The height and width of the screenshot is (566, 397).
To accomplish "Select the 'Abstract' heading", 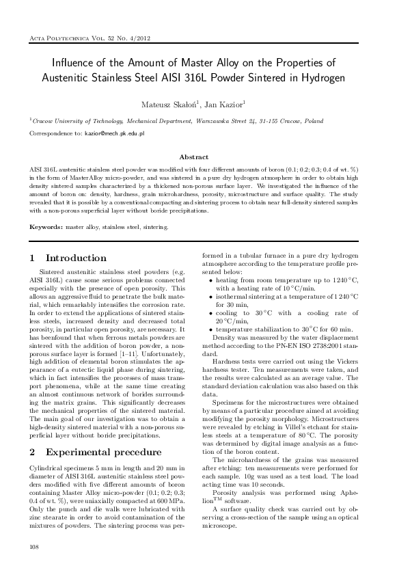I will pos(198,157).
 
